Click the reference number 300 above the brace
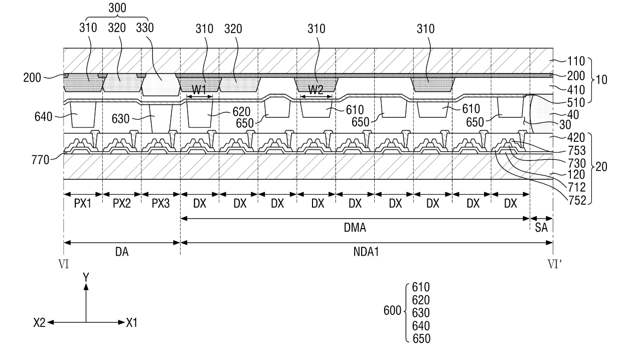pyautogui.click(x=117, y=8)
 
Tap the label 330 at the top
pyautogui.click(x=145, y=28)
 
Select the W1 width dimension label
pyautogui.click(x=199, y=90)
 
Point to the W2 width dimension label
pyautogui.click(x=316, y=90)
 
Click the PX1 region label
pyautogui.click(x=83, y=204)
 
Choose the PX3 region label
pyautogui.click(x=161, y=204)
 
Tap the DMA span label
pyautogui.click(x=355, y=228)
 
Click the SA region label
pyautogui.click(x=541, y=228)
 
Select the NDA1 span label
pyautogui.click(x=366, y=252)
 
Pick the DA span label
pyautogui.click(x=121, y=252)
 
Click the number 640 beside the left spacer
pyautogui.click(x=43, y=117)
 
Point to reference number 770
pyautogui.click(x=40, y=160)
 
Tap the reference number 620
pyautogui.click(x=241, y=112)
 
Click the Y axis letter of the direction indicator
pyautogui.click(x=86, y=277)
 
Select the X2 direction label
pyautogui.click(x=39, y=323)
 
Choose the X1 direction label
pyautogui.click(x=131, y=323)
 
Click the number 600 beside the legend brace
pyautogui.click(x=392, y=310)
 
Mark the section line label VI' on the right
pyautogui.click(x=554, y=265)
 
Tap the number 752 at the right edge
pyautogui.click(x=577, y=201)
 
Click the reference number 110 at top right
pyautogui.click(x=576, y=61)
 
